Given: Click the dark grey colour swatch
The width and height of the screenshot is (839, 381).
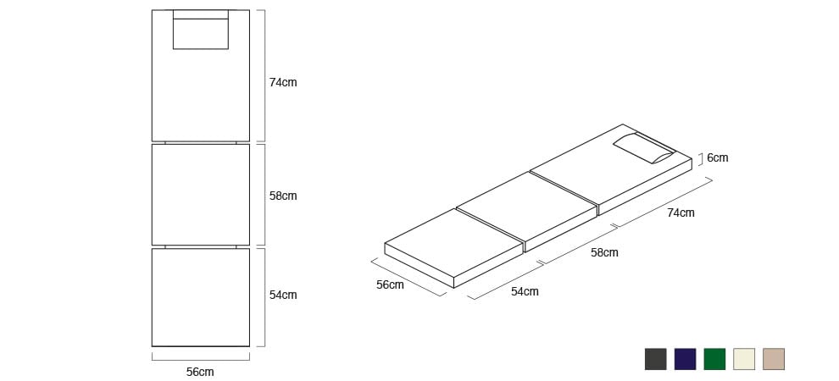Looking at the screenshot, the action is coord(655,359).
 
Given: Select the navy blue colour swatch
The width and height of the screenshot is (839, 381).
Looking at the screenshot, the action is coord(685,359).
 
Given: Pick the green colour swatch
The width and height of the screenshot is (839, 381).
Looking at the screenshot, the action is coord(714,359).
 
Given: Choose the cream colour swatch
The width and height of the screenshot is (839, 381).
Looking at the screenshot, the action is coord(744,359).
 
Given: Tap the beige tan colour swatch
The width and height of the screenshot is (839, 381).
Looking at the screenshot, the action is coord(773,359).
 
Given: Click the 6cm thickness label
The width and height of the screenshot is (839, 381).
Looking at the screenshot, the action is coord(717,158).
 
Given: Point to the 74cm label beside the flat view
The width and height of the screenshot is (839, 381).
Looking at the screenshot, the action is coord(282,82).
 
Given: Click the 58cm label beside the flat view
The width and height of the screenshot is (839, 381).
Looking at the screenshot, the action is coord(282,196).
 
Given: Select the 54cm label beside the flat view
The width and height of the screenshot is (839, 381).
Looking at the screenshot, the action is coord(282,295).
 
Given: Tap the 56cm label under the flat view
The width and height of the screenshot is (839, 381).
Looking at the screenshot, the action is coord(200,372).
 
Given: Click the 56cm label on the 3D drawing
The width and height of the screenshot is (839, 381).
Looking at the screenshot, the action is coord(390,284).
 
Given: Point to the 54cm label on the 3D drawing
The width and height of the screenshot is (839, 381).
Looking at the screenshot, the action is coord(525,292).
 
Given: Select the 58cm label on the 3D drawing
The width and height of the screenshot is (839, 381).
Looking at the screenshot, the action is coord(604,253).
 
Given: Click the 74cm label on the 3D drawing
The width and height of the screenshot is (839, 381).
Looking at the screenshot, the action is coord(681,213).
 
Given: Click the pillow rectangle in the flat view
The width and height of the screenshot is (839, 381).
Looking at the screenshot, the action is coord(201,30).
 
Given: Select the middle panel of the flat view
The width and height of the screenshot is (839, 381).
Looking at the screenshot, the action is coord(201,195).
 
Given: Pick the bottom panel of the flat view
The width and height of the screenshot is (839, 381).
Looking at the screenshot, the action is coord(201,297).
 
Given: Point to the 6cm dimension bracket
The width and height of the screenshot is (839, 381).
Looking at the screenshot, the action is coord(700,159).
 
